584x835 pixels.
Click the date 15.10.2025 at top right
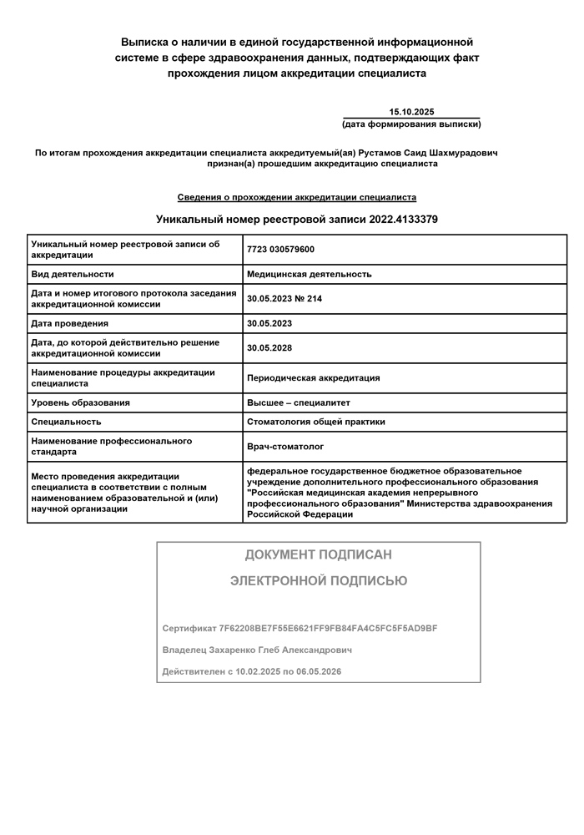[411, 112]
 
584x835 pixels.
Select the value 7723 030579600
[280, 250]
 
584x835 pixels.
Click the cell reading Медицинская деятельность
[309, 274]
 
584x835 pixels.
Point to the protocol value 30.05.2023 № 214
[284, 298]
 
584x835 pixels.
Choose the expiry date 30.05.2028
[269, 347]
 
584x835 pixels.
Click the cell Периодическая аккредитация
[313, 377]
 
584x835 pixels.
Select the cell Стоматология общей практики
[315, 422]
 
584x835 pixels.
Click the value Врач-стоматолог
[285, 447]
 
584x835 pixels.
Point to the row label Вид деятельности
[72, 274]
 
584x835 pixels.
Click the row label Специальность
[66, 422]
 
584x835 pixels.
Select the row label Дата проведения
[69, 323]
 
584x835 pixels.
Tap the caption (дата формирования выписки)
[411, 124]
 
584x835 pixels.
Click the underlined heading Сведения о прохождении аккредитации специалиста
[296, 198]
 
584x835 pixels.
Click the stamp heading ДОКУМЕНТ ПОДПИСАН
[318, 554]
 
